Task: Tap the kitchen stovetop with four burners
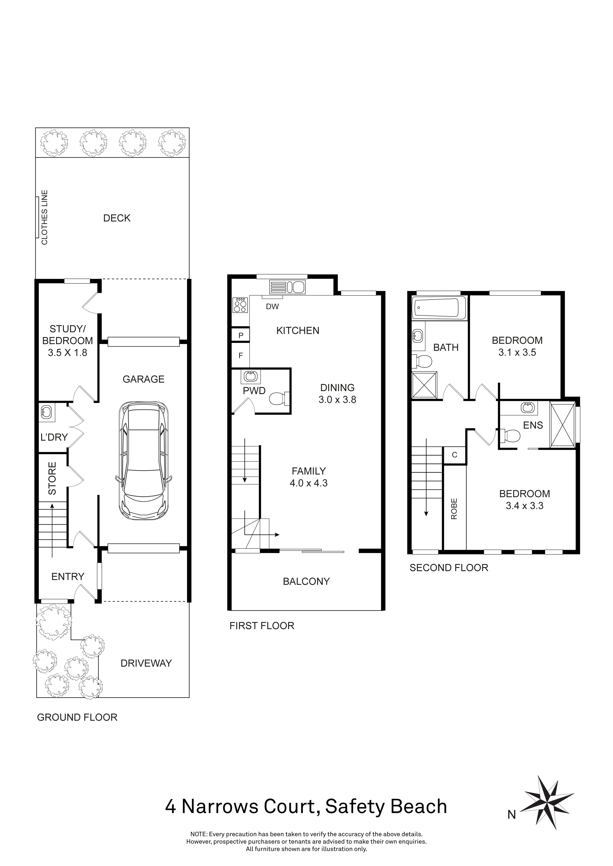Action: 240,305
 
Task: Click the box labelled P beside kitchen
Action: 241,335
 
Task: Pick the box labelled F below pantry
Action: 241,355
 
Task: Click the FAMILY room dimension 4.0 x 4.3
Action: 308,483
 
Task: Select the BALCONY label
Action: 306,581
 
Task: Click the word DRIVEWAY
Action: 146,663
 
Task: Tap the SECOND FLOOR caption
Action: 448,568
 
